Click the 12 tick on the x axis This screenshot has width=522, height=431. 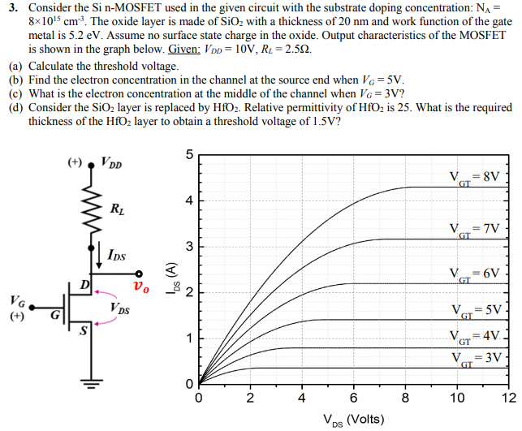coord(508,398)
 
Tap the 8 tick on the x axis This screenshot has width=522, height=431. coord(406,398)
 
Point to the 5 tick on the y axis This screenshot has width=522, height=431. coord(188,154)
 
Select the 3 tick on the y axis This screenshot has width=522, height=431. coord(188,246)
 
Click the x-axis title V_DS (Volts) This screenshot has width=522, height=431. coord(352,420)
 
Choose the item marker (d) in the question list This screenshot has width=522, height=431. coord(15,107)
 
